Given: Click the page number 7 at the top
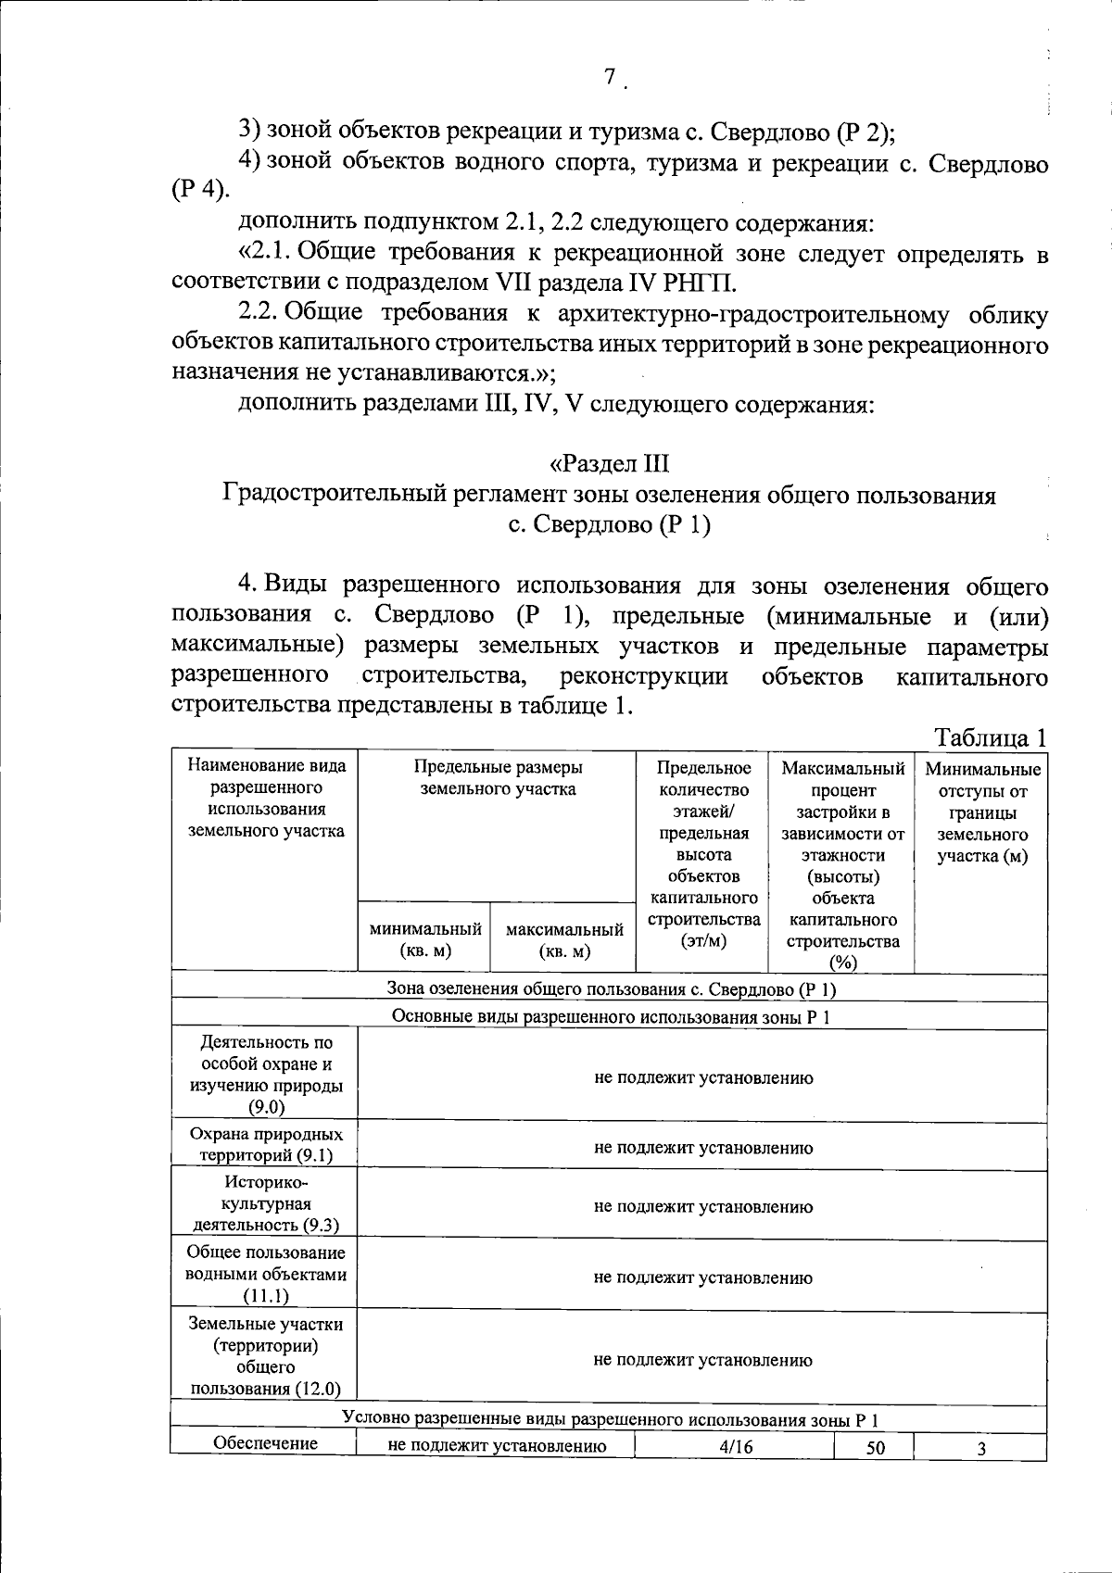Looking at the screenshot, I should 610,78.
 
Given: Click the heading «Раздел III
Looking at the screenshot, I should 609,463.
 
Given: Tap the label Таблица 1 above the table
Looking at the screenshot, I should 991,738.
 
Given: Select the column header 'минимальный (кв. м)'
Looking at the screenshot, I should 425,939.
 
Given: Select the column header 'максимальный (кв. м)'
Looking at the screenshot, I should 563,939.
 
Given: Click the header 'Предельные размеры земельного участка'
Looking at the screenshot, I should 498,778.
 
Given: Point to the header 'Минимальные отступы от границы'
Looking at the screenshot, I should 982,812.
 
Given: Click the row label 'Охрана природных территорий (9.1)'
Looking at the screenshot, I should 266,1144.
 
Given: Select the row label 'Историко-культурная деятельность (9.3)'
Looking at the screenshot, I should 266,1203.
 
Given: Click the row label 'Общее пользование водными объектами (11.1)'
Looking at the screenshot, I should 266,1274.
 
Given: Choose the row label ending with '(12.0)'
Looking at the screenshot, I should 266,1356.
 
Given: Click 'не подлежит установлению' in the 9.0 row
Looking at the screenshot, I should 703,1077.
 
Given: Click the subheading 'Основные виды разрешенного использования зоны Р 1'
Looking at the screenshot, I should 611,1016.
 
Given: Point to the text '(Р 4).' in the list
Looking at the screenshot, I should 199,193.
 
